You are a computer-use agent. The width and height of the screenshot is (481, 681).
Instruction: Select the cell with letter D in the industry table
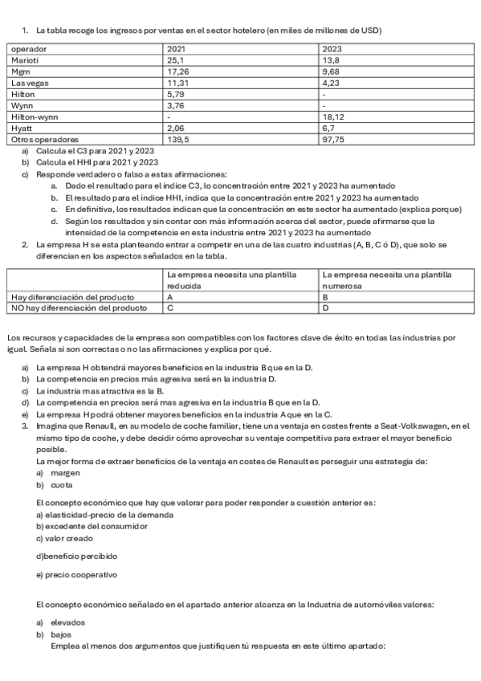click(x=325, y=307)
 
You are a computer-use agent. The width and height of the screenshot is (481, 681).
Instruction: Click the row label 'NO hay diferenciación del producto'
click(x=79, y=307)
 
